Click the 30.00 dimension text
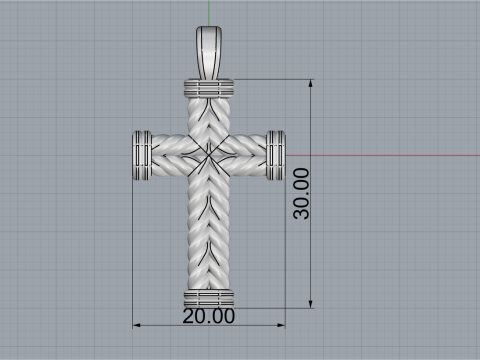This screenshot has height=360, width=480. pyautogui.click(x=300, y=193)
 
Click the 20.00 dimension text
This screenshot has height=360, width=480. pyautogui.click(x=209, y=317)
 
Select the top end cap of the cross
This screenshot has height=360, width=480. pyautogui.click(x=210, y=89)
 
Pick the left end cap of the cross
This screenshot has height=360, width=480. pyautogui.click(x=142, y=156)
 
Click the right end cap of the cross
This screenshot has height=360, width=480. pyautogui.click(x=276, y=156)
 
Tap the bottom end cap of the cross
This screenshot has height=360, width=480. pyautogui.click(x=210, y=299)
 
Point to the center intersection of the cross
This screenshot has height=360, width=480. pyautogui.click(x=210, y=156)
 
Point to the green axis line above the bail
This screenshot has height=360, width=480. pyautogui.click(x=210, y=12)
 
